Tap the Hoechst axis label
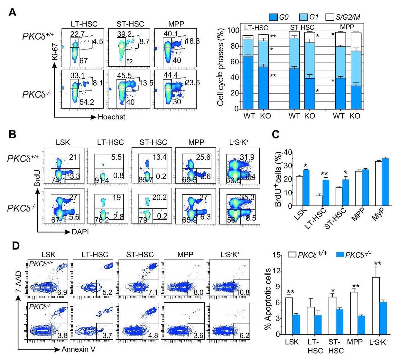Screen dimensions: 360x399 (111, 117)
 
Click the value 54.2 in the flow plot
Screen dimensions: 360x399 (86, 103)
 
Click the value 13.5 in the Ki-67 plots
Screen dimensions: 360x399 (146, 83)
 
